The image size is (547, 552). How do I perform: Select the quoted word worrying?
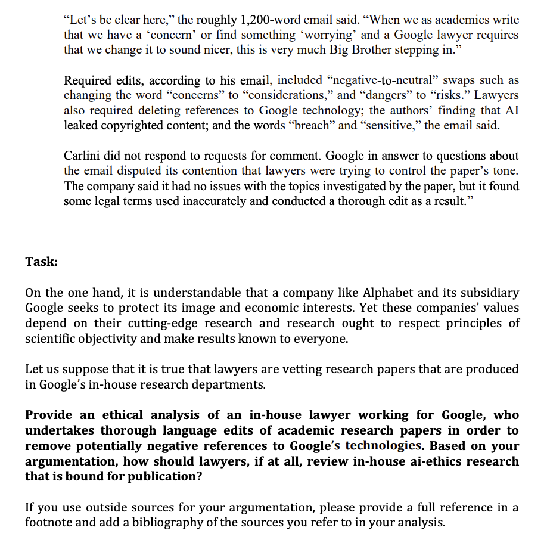[327, 35]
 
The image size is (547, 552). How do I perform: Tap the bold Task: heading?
[41, 262]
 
